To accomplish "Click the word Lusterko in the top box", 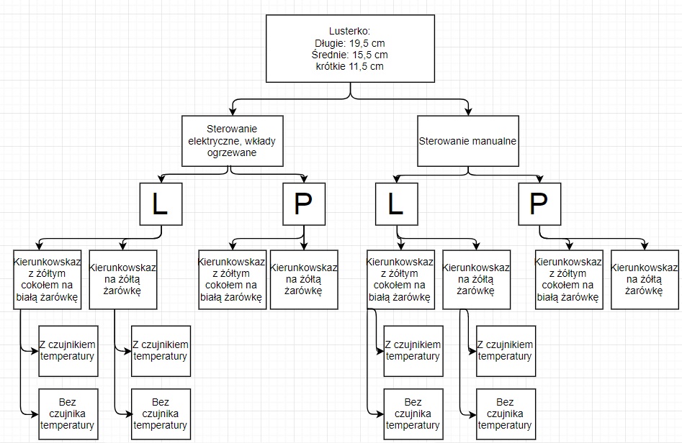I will click(x=348, y=31).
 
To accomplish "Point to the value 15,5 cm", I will click(x=370, y=54).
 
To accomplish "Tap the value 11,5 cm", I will click(x=367, y=65).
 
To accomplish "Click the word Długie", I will click(x=320, y=42).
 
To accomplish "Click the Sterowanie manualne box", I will click(x=468, y=140).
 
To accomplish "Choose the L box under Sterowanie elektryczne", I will click(x=160, y=204).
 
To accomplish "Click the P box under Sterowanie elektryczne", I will click(x=303, y=204).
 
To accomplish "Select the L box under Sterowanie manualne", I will click(x=396, y=204).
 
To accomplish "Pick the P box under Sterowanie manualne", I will click(x=539, y=204).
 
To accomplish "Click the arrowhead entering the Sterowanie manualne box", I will click(x=468, y=111).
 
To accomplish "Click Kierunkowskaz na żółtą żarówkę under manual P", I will click(x=645, y=279).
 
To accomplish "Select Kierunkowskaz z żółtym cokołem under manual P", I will click(x=568, y=279).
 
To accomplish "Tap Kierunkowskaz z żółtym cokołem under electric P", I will click(x=232, y=279).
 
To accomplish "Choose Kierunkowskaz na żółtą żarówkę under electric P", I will click(x=303, y=279).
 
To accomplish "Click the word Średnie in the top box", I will click(x=323, y=54).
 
